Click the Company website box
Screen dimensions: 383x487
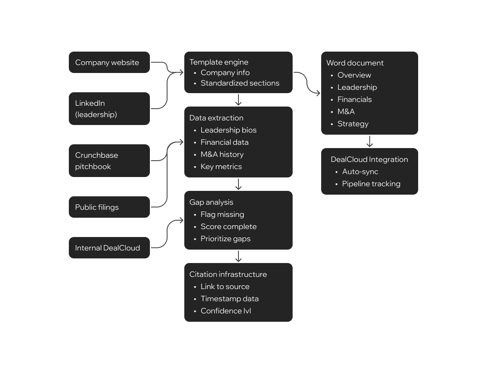[109, 63]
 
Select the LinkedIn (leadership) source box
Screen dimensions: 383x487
[109, 109]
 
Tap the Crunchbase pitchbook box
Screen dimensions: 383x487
[109, 161]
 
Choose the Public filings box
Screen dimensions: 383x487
[109, 207]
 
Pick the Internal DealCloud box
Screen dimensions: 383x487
[109, 248]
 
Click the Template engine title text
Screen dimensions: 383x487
[219, 62]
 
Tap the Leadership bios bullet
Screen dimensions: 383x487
[228, 130]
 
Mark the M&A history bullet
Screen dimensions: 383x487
[222, 154]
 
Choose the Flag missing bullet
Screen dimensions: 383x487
[222, 214]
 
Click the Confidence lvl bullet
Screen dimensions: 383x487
[226, 311]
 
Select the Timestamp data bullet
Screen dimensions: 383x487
[229, 299]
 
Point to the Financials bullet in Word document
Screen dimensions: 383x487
[354, 99]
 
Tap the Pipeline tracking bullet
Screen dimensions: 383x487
[371, 184]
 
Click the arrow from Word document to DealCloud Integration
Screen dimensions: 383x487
[369, 141]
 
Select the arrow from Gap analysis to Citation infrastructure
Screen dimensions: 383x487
[238, 256]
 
